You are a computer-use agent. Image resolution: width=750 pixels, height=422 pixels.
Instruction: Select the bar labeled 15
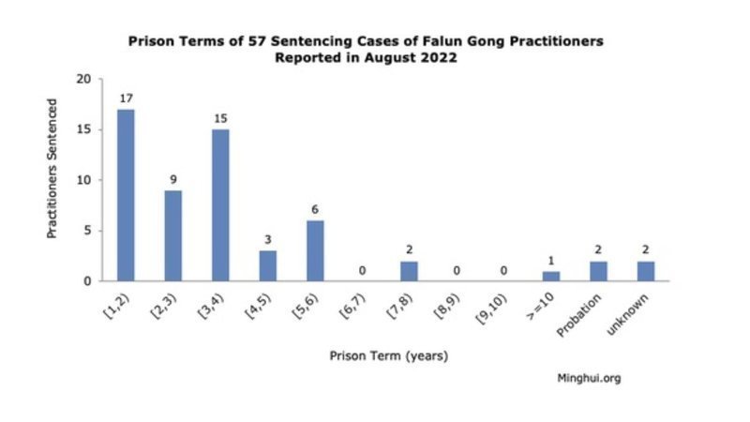[x=220, y=204]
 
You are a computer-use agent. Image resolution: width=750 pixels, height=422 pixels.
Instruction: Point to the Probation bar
[x=599, y=270]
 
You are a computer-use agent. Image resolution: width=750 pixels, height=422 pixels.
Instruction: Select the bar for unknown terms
[x=646, y=270]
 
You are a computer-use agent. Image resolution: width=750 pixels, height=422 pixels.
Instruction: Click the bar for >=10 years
[x=551, y=276]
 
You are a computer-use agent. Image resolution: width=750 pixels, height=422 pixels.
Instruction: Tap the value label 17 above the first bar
[x=126, y=98]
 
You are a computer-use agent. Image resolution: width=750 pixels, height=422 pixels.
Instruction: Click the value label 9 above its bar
[x=173, y=179]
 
